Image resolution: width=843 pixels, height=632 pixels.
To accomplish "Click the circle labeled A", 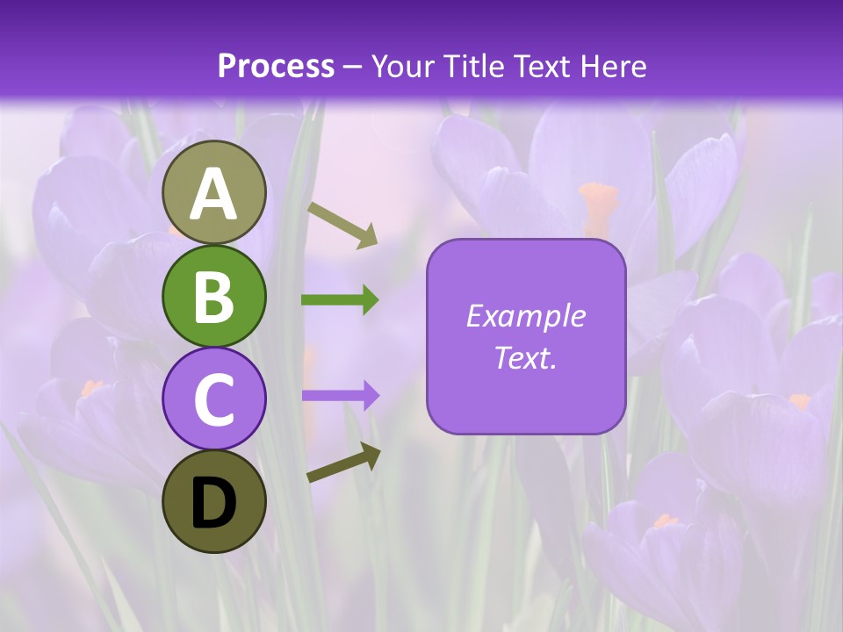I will [213, 192].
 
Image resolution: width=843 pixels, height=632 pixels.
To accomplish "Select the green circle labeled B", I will [213, 296].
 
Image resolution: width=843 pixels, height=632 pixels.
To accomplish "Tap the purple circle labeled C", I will [213, 399].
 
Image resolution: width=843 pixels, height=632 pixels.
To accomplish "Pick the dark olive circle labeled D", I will [213, 501].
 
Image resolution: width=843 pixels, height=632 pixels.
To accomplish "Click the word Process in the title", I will [276, 66].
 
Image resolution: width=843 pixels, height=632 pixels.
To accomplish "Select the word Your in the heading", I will [402, 66].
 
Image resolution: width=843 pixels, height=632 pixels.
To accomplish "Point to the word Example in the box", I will [525, 316].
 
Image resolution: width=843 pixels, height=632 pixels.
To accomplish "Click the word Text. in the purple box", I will [525, 357].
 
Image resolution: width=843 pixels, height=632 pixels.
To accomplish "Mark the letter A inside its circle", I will [213, 194].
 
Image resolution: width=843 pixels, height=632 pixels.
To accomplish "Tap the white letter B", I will [213, 297].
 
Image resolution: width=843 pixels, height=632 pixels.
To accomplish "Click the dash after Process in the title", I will [352, 68].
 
